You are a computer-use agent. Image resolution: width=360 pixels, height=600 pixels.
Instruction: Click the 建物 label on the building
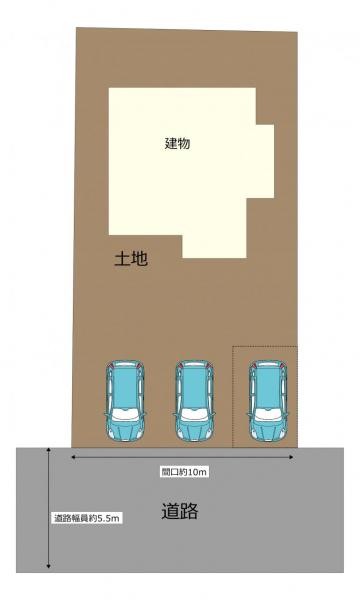[178, 143]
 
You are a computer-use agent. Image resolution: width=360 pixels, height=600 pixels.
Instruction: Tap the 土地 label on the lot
[131, 259]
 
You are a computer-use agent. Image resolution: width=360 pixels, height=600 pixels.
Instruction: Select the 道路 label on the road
[180, 512]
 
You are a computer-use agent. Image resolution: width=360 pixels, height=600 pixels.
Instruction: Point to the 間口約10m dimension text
[184, 470]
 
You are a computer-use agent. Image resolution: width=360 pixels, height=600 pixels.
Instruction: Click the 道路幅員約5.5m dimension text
[87, 518]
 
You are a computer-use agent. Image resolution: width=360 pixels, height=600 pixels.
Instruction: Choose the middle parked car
[195, 399]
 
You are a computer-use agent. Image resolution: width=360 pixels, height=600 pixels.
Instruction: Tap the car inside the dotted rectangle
[267, 399]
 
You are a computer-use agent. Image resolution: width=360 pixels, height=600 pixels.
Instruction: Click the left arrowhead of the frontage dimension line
[73, 457]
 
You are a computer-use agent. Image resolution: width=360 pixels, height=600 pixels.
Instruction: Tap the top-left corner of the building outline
[110, 89]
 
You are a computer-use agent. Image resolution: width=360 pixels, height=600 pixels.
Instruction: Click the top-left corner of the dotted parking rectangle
[233, 348]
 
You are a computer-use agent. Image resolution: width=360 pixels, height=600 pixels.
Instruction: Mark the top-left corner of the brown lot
[77, 28]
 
